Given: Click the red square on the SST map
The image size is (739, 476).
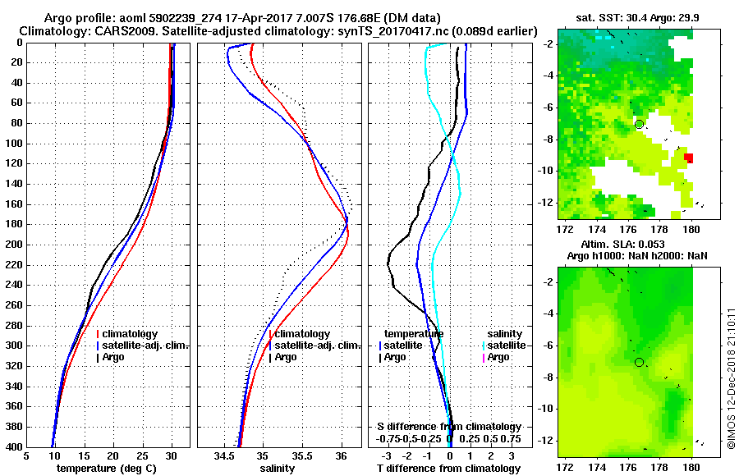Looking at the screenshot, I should (x=689, y=158).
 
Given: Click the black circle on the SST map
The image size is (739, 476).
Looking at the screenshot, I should (x=639, y=124).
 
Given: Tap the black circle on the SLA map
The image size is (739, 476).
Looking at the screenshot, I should (x=639, y=362).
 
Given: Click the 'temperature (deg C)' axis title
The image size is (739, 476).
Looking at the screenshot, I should (x=108, y=468).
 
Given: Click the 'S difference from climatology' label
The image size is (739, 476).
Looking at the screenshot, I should (x=449, y=427).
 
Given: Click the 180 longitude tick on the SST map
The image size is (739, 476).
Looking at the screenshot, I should (x=691, y=226).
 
